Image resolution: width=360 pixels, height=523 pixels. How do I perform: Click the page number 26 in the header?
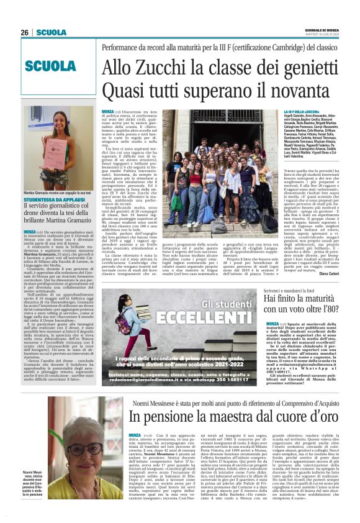pos(25,32)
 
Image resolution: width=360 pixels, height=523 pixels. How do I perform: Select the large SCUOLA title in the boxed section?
pos(51,66)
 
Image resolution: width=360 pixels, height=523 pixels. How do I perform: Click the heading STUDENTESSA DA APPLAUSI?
pos(50,199)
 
